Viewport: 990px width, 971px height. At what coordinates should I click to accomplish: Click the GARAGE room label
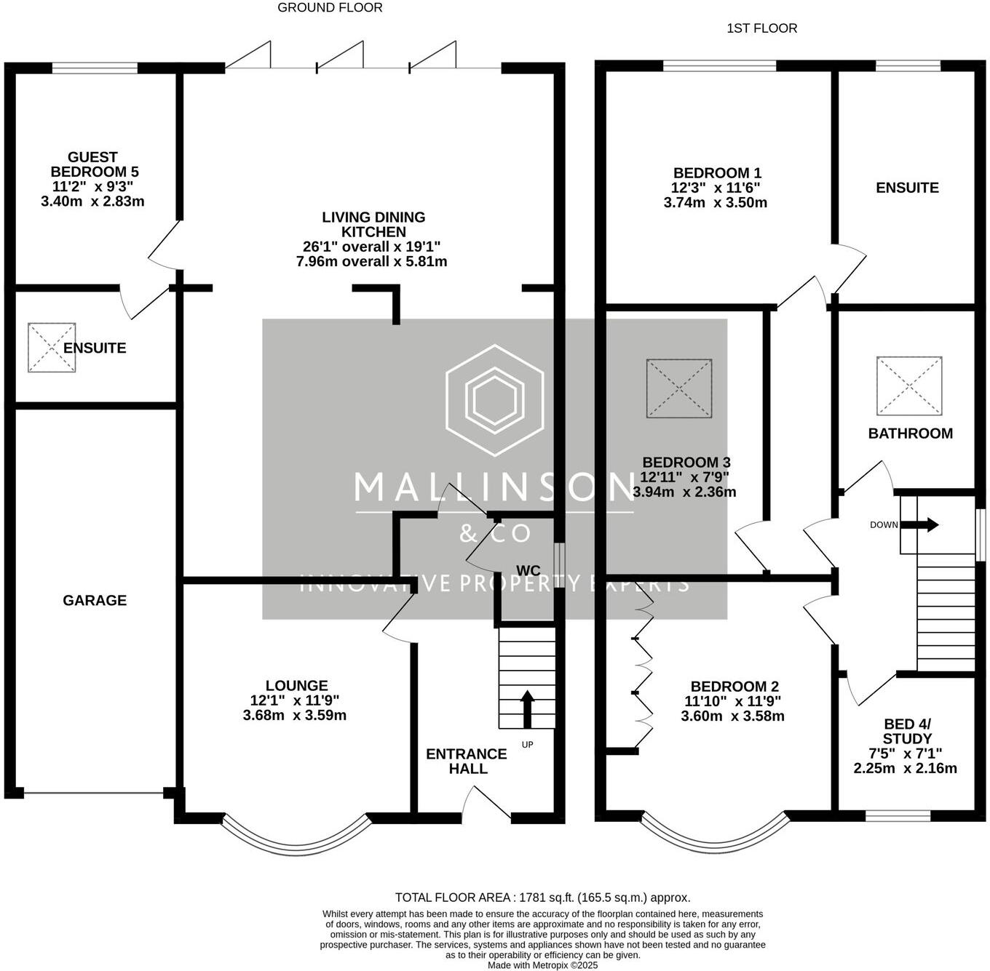click(x=95, y=601)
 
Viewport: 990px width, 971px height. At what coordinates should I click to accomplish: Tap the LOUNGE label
click(x=296, y=686)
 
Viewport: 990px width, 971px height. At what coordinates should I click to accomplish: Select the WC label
click(x=528, y=570)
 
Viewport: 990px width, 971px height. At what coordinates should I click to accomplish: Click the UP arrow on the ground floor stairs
click(x=527, y=709)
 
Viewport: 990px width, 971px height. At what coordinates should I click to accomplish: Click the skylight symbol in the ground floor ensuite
click(x=52, y=348)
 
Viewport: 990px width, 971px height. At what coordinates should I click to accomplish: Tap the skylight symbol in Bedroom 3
click(x=679, y=388)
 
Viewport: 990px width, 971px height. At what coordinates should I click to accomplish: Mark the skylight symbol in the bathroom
click(x=909, y=386)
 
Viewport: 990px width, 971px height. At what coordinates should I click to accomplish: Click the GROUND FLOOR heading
click(x=330, y=8)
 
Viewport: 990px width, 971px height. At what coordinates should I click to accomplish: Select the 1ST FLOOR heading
click(x=761, y=28)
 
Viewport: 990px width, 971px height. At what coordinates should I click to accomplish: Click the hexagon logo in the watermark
click(x=495, y=400)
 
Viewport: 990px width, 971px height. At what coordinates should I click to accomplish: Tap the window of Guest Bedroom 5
click(x=95, y=68)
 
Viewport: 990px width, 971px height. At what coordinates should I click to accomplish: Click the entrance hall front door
click(x=486, y=807)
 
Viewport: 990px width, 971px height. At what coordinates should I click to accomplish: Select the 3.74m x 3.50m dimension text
click(x=716, y=203)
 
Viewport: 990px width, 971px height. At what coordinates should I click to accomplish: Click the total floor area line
click(x=542, y=898)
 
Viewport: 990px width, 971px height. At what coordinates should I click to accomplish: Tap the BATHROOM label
click(x=910, y=433)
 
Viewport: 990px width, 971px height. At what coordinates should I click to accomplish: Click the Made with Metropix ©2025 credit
click(x=542, y=965)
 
